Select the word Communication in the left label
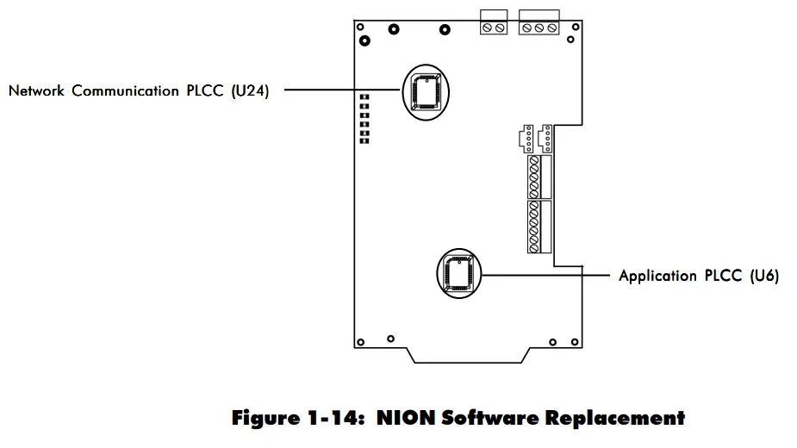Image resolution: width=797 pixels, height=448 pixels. (126, 90)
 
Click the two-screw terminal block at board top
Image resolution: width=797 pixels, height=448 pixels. (493, 28)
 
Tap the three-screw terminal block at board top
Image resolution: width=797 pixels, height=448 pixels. (539, 28)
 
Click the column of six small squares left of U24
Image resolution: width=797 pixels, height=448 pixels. (364, 119)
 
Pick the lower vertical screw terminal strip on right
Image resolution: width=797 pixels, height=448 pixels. (535, 227)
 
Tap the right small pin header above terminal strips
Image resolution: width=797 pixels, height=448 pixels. (545, 138)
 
